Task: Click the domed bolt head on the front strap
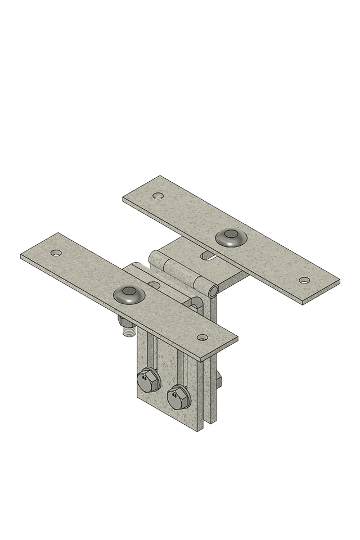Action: pos(129,294)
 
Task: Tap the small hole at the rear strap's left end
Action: pos(158,196)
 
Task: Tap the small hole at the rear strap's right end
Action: pos(304,280)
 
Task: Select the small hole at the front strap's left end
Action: pos(56,253)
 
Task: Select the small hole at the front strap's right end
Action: pos(202,337)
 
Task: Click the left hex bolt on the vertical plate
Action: pos(148,381)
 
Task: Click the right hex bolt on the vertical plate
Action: pos(179,396)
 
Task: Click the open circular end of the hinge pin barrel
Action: pos(214,290)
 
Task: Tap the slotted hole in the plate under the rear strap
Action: pos(209,256)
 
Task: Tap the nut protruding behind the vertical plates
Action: pos(218,382)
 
